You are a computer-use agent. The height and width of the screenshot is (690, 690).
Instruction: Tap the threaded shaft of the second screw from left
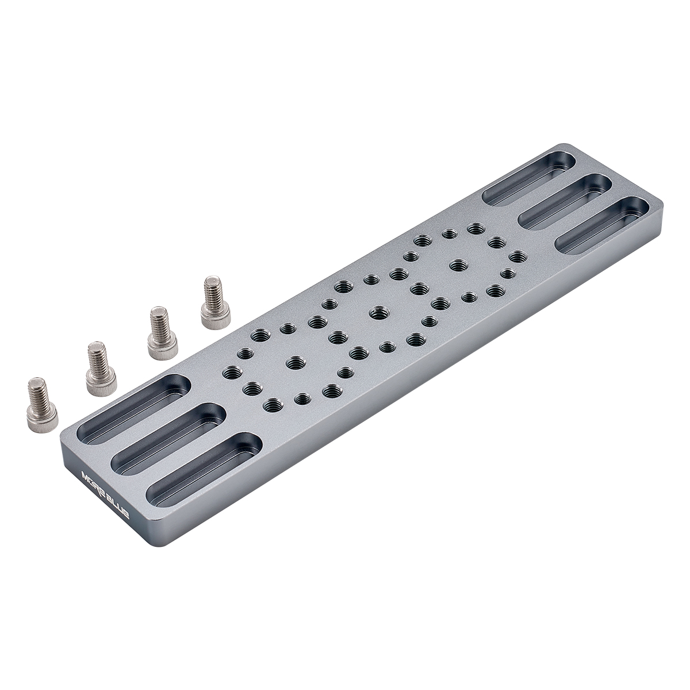click(96, 355)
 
